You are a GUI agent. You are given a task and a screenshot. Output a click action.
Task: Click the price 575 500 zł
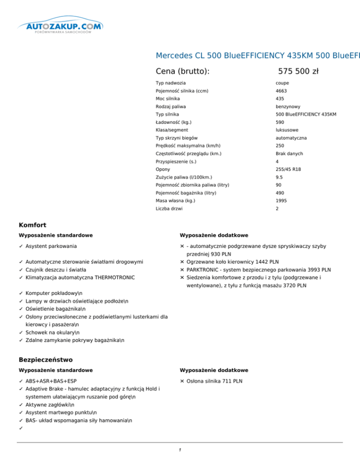pyautogui.click(x=298, y=71)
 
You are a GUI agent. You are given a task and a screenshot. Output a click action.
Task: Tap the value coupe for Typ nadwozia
pyautogui.click(x=282, y=83)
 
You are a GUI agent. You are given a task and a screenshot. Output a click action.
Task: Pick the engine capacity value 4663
pyautogui.click(x=282, y=91)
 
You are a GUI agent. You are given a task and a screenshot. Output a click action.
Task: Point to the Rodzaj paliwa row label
pyautogui.click(x=172, y=106)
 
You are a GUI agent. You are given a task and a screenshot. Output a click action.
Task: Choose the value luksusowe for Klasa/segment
pyautogui.click(x=287, y=130)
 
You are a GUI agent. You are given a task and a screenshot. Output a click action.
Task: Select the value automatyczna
pyautogui.click(x=291, y=138)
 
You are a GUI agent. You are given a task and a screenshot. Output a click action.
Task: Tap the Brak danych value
pyautogui.click(x=289, y=154)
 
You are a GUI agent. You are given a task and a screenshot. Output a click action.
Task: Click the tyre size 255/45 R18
pyautogui.click(x=291, y=169)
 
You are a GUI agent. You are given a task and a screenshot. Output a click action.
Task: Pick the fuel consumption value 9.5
pyautogui.click(x=279, y=177)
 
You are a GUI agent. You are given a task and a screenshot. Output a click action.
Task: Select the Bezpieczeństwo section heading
pyautogui.click(x=46, y=360)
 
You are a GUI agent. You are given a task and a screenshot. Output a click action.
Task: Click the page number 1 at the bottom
pyautogui.click(x=180, y=451)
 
